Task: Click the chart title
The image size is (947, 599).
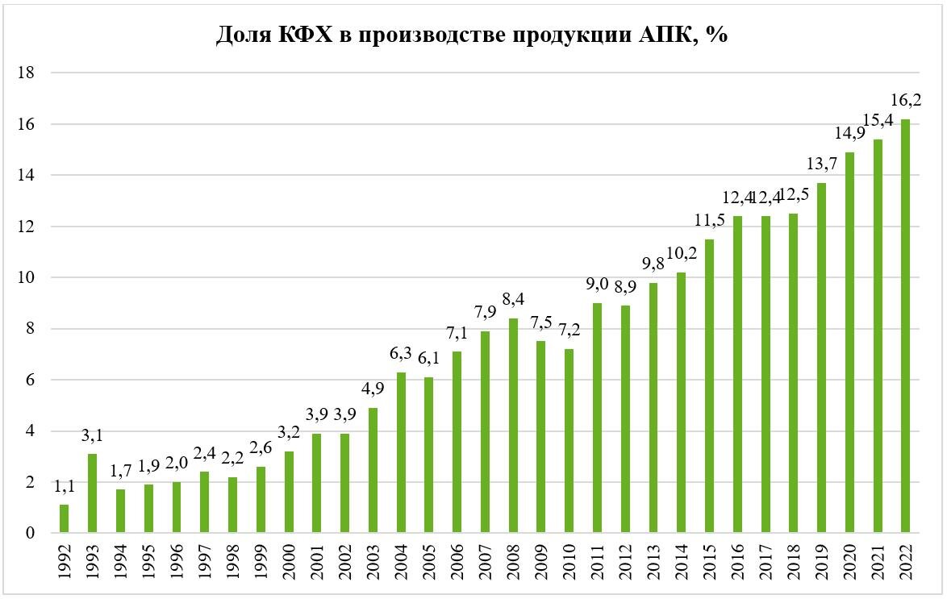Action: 472,35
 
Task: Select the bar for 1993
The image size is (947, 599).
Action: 92,493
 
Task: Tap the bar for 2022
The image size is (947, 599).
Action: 905,326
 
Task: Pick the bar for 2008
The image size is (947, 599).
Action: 513,425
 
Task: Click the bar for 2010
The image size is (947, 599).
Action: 569,441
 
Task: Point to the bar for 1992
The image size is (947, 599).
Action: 64,518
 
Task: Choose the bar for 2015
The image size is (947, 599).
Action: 709,386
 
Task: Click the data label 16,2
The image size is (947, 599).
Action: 906,100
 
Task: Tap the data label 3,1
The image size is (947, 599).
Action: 93,435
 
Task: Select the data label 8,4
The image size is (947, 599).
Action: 513,299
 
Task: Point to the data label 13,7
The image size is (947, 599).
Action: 822,163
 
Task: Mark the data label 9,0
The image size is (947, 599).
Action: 597,283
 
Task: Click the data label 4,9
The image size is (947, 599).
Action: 373,389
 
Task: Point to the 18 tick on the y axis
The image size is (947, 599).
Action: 27,73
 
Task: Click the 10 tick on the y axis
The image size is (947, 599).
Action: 27,278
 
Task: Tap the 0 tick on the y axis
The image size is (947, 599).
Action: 30,533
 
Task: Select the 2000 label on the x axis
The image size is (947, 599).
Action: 289,562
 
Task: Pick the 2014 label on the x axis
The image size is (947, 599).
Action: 682,562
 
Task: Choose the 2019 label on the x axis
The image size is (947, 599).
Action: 821,562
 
